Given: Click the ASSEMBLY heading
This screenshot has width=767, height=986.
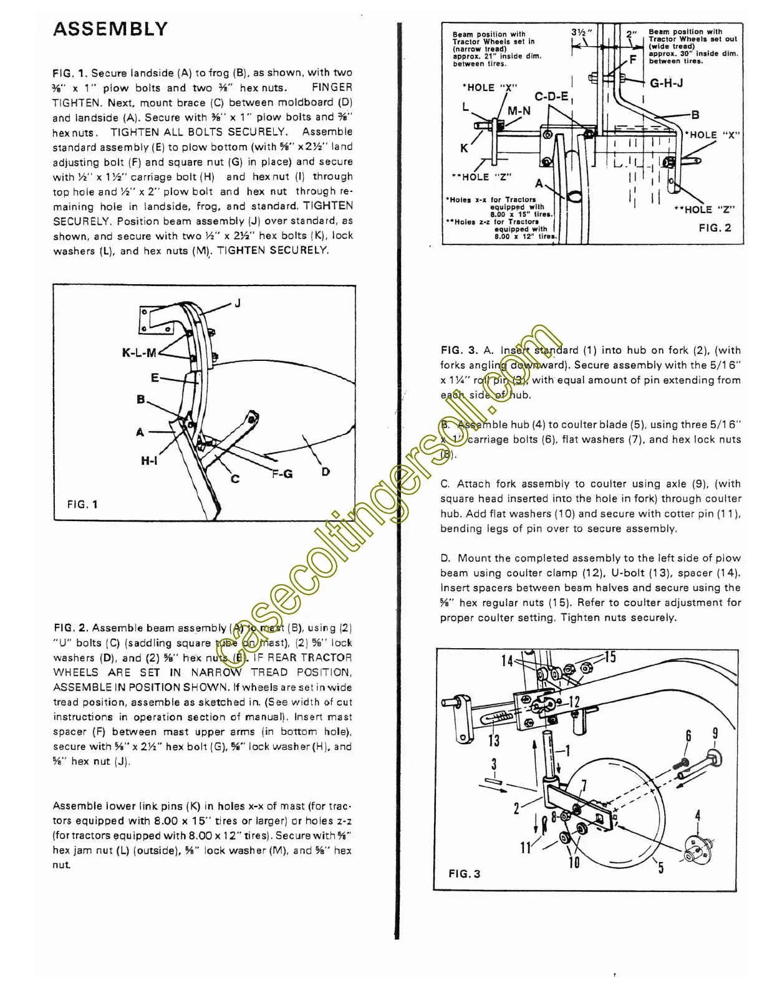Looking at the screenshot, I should [x=110, y=29].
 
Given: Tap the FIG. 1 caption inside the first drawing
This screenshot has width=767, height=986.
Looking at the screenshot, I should [x=82, y=504].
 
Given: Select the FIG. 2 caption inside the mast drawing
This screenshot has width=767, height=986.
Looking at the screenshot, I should [x=715, y=228].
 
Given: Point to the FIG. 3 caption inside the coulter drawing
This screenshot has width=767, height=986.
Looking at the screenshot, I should [x=465, y=874].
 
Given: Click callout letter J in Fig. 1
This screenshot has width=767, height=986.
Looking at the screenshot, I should [x=238, y=304].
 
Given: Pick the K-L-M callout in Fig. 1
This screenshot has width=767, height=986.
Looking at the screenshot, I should [x=139, y=353].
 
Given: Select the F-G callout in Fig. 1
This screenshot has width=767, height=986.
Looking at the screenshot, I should [x=282, y=474].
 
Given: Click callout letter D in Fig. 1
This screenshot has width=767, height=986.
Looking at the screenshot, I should [x=326, y=472].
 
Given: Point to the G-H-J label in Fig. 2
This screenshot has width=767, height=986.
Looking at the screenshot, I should [x=666, y=83].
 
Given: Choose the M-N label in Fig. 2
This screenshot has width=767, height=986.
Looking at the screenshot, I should [x=519, y=112].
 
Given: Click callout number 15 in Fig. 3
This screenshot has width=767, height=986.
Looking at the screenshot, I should [x=609, y=657].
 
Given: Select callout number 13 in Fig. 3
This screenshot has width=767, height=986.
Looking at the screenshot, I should [x=494, y=740].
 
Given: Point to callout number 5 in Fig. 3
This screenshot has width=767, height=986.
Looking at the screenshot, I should [x=661, y=867].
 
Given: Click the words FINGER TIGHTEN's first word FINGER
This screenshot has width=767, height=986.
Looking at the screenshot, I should [x=332, y=88].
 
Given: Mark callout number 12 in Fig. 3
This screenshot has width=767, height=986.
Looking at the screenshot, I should [x=574, y=702].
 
